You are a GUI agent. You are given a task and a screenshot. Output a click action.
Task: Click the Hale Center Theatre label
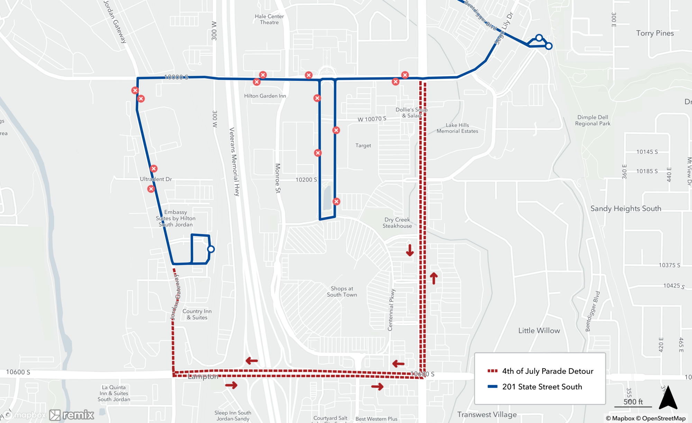(269, 19)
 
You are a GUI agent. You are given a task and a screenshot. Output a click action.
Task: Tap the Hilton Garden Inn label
(265, 96)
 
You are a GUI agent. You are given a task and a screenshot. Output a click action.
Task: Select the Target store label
(363, 146)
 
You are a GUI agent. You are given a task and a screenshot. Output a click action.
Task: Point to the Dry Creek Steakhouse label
(397, 223)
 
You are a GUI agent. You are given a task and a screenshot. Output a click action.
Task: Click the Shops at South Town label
(342, 292)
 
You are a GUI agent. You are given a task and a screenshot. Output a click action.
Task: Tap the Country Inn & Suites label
(197, 314)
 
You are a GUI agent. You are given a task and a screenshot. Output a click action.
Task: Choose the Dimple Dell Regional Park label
(593, 120)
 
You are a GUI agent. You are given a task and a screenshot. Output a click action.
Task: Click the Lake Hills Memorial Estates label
(457, 128)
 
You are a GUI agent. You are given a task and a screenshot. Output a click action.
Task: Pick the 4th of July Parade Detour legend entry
(547, 371)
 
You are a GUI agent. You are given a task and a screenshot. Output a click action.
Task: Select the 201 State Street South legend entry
(542, 387)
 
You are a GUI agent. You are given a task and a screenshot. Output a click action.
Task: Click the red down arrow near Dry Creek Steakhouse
(410, 250)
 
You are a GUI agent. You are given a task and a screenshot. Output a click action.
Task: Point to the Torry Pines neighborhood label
(655, 33)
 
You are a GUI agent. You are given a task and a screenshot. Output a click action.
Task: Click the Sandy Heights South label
(626, 209)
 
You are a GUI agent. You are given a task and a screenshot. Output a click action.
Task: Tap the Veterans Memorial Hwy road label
(235, 162)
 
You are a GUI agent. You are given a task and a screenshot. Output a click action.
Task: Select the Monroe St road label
(277, 178)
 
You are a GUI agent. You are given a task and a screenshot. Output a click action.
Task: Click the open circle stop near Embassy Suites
(211, 249)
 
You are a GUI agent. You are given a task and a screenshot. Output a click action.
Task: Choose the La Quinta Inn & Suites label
(114, 393)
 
